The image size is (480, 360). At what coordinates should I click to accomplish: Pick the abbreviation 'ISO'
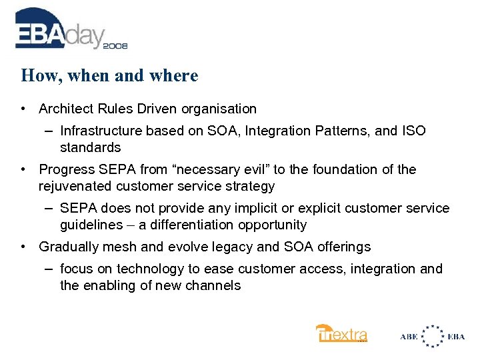tap(413, 131)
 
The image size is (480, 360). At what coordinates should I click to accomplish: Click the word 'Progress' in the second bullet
tap(65, 169)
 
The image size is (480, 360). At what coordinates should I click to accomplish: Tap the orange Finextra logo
tap(341, 333)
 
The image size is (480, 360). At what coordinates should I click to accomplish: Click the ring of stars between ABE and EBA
tap(433, 336)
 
